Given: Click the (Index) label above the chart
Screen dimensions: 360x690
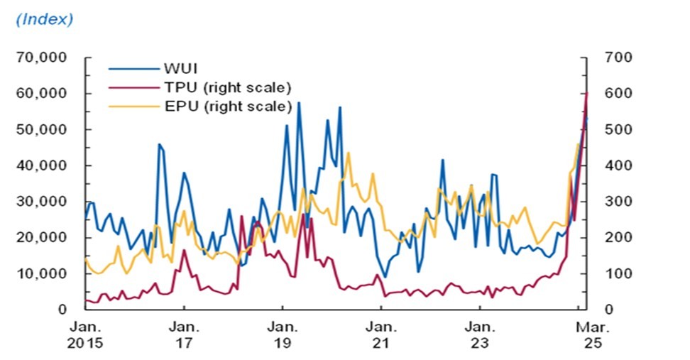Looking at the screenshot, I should click(x=44, y=19).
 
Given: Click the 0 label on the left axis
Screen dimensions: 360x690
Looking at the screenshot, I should click(x=62, y=310).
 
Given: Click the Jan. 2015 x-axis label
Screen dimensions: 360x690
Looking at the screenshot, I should click(x=85, y=335).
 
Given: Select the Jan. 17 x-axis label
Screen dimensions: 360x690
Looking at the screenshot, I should click(x=184, y=335).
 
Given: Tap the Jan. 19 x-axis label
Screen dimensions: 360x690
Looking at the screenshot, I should click(x=283, y=335).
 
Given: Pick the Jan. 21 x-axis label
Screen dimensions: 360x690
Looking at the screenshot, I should click(x=381, y=335).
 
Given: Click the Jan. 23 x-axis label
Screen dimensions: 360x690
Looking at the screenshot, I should click(x=480, y=335).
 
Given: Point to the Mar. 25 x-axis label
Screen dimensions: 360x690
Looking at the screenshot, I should click(x=586, y=335).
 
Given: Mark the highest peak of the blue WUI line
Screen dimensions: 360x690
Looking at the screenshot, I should click(x=299, y=103).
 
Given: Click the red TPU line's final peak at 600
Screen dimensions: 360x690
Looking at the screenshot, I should click(x=586, y=93).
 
